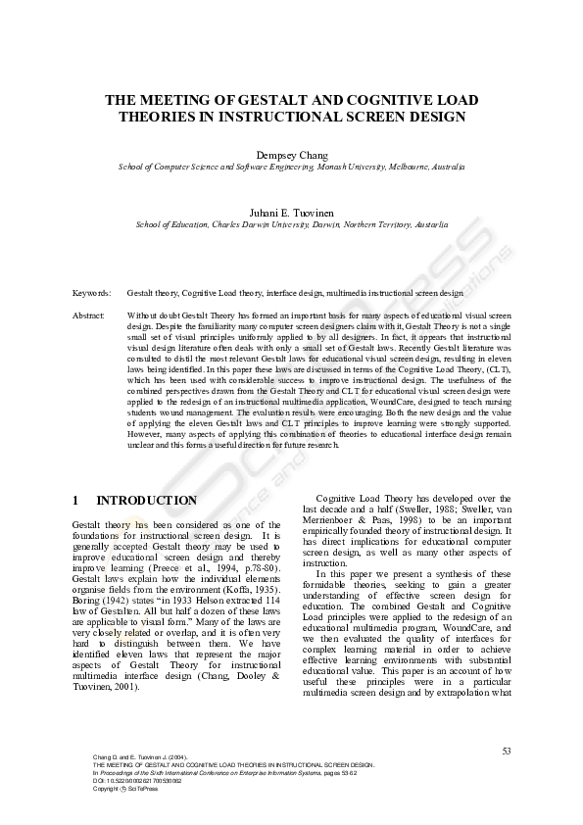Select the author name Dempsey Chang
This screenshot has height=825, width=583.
click(x=291, y=155)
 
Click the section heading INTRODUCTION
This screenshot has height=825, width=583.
click(x=146, y=501)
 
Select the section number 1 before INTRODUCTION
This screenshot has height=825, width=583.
click(x=75, y=501)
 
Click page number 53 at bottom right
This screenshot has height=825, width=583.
click(x=507, y=751)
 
